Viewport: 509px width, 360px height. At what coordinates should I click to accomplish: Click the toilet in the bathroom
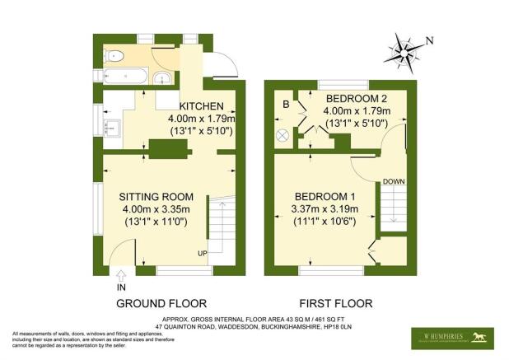(114, 56)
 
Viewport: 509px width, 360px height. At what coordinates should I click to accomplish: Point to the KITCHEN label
(200, 106)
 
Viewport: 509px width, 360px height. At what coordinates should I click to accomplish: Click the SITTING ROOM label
(156, 197)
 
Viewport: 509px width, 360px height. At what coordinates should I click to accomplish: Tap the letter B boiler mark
(285, 105)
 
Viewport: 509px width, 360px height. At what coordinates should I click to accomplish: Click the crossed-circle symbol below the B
(284, 135)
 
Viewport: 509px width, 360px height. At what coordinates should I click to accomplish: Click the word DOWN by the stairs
(393, 181)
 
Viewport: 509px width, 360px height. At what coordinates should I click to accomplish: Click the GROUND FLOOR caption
(161, 302)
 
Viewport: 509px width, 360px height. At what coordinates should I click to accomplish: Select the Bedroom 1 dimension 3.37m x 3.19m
(327, 210)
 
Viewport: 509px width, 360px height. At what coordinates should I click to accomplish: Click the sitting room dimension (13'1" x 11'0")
(156, 223)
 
